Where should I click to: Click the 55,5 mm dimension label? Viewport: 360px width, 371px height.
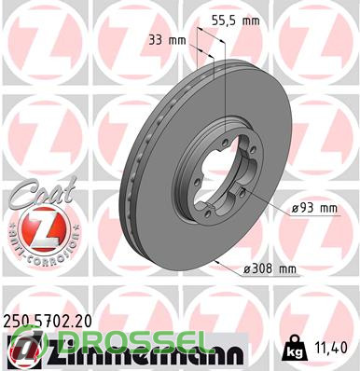235,21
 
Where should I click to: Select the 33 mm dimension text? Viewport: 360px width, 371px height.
167,40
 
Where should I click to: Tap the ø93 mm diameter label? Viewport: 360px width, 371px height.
314,208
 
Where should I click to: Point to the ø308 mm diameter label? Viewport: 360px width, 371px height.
270,268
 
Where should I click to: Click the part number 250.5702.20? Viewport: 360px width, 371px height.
48,321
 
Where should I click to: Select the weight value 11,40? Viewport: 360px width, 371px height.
331,348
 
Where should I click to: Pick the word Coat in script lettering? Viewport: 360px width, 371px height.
43,191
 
